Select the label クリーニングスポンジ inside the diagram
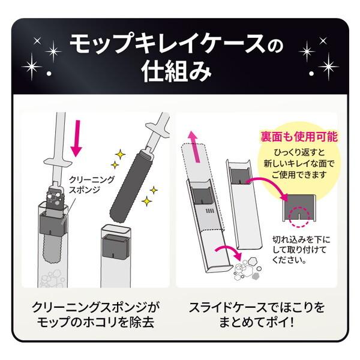pos(92,184)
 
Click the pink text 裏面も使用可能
pos(299,137)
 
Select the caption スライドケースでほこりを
pos(257,308)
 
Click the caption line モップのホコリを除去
pos(95,322)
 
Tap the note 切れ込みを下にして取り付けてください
pos(301,250)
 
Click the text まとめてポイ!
pos(257,322)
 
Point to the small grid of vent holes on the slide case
pos(209,211)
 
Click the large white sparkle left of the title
pos(32,67)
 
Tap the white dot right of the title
pos(311,73)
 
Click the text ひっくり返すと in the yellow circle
pos(299,152)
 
